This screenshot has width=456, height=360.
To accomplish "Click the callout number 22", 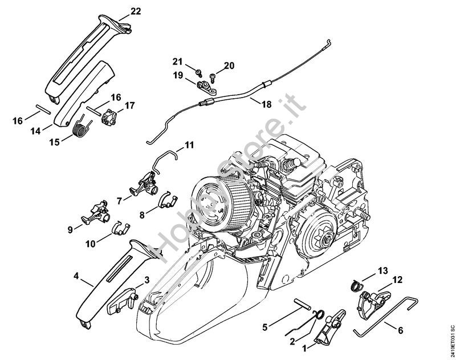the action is [x=136, y=11].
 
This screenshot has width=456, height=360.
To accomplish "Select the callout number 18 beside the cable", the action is [x=267, y=104].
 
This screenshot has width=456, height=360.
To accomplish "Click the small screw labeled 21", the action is [x=199, y=72].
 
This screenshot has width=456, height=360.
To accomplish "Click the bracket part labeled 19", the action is [x=206, y=88].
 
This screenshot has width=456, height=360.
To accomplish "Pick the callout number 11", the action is [x=189, y=145].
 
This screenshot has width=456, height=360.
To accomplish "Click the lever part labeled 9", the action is [x=95, y=214].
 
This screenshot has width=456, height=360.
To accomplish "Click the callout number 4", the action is [x=76, y=276].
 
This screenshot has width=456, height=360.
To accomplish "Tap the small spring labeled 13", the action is [x=355, y=285].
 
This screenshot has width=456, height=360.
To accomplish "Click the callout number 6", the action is [x=400, y=330].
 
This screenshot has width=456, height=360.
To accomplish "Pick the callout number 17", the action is [x=130, y=106].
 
